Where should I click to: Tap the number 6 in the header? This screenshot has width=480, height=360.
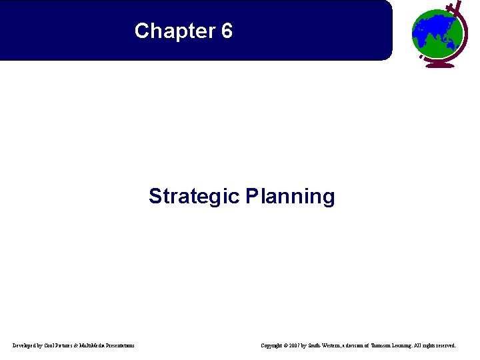226,31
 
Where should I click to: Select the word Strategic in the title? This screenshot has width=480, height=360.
194,197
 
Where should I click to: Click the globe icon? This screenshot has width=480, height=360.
436,33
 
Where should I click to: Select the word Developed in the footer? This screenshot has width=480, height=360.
26,345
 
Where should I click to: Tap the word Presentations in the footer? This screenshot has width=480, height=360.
121,345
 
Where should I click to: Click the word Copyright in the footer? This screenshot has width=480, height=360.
273,345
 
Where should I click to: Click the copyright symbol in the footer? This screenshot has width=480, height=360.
289,345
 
